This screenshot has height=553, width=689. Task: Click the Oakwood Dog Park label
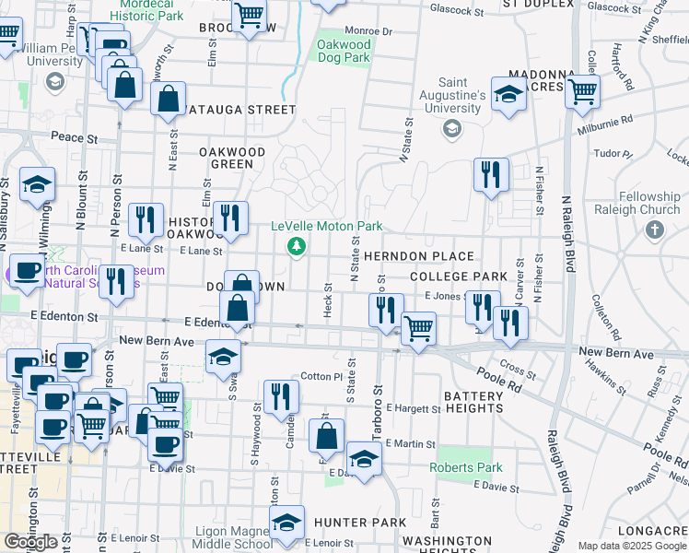coord(344,51)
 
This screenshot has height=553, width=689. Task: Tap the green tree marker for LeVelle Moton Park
coord(296,245)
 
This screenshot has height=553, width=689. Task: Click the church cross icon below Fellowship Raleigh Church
coord(654,229)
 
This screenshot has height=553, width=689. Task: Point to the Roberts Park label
coord(465,467)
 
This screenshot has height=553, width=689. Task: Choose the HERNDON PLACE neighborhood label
coord(418,256)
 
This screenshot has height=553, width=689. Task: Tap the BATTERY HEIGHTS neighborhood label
coord(461,401)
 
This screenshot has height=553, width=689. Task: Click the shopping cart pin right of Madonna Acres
coord(582,91)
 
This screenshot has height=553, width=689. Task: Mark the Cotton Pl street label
coord(321,377)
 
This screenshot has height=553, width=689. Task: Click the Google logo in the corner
coord(30,541)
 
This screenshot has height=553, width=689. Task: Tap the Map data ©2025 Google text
coord(631,546)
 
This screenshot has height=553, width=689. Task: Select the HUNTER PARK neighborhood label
coord(359,523)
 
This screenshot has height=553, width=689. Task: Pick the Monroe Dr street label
coord(368,31)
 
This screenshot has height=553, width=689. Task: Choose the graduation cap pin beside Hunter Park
coord(287,523)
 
